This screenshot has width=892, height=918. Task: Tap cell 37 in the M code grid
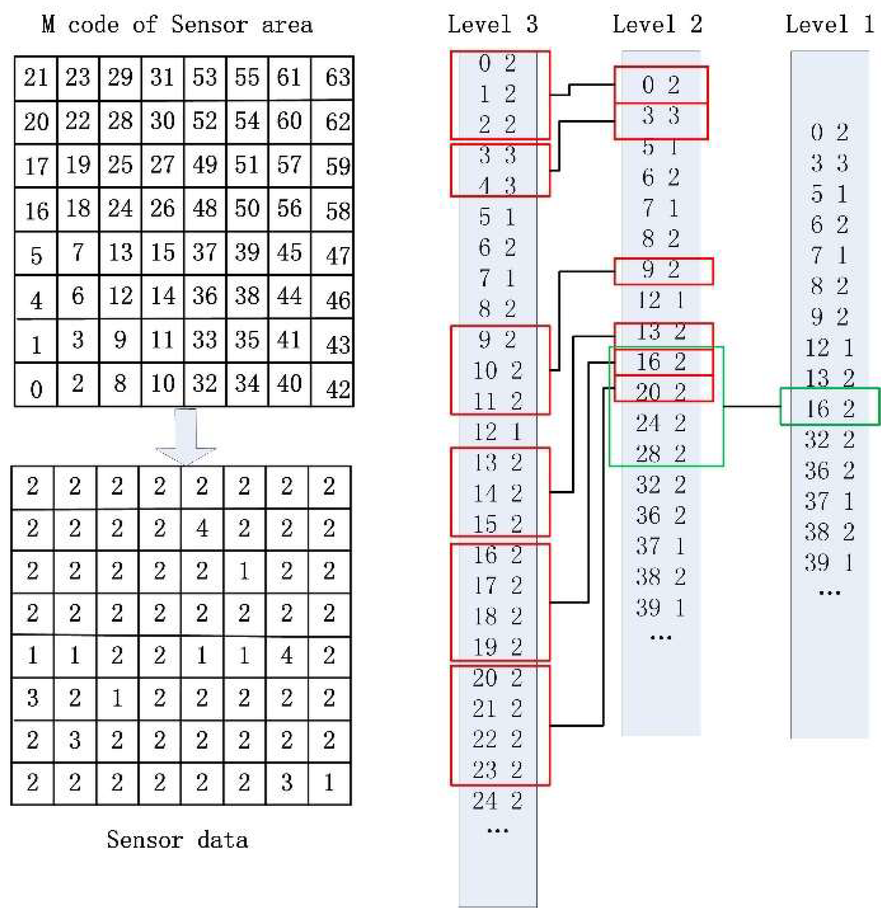pyautogui.click(x=205, y=253)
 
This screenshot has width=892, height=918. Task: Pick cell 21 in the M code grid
pyautogui.click(x=36, y=77)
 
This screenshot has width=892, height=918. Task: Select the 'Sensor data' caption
pyautogui.click(x=177, y=839)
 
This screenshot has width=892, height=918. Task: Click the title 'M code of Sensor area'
pyautogui.click(x=177, y=24)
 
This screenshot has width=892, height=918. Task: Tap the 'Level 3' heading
pyautogui.click(x=493, y=24)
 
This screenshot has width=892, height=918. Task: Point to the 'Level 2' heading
pyautogui.click(x=657, y=24)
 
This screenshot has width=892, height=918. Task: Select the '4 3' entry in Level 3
pyautogui.click(x=497, y=186)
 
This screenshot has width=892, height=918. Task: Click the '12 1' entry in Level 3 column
pyautogui.click(x=497, y=432)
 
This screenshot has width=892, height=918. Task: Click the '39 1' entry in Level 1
pyautogui.click(x=830, y=563)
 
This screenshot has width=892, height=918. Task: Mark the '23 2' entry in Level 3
pyautogui.click(x=497, y=770)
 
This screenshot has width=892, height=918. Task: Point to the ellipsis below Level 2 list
pyautogui.click(x=661, y=638)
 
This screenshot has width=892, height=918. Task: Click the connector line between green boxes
pyautogui.click(x=752, y=407)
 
